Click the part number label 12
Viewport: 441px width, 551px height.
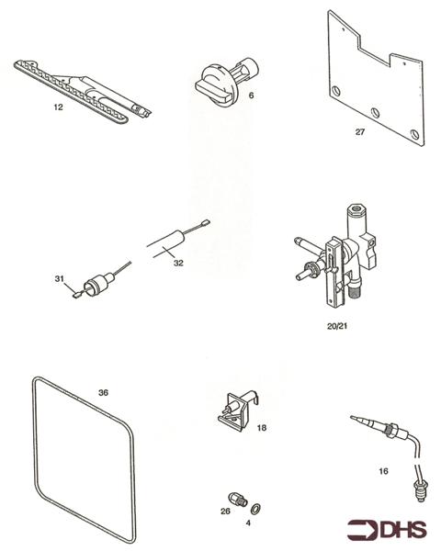pyautogui.click(x=58, y=107)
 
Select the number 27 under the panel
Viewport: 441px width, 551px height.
pyautogui.click(x=360, y=131)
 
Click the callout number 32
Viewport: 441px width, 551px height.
pyautogui.click(x=178, y=262)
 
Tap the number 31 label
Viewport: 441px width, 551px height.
pyautogui.click(x=58, y=278)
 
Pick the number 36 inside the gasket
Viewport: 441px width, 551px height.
pyautogui.click(x=103, y=392)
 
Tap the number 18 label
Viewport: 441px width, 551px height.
pyautogui.click(x=262, y=428)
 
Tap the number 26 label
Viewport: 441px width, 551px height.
pyautogui.click(x=224, y=512)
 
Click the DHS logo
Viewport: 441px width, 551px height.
pyautogui.click(x=384, y=531)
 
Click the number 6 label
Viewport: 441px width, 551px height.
pyautogui.click(x=250, y=96)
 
